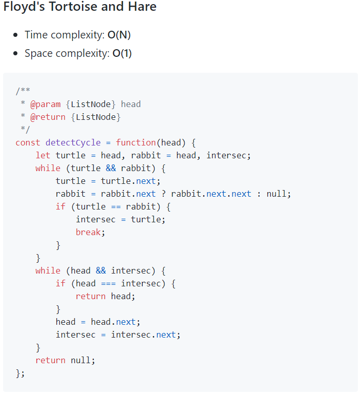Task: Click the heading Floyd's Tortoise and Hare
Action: (x=80, y=7)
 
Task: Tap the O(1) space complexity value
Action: (x=122, y=53)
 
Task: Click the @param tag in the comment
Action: (x=45, y=104)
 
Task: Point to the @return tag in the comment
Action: (x=48, y=117)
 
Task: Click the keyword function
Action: (x=136, y=142)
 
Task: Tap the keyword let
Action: (x=43, y=155)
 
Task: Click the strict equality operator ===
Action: (x=108, y=283)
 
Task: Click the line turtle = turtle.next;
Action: (x=108, y=181)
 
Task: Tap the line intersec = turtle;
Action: (x=120, y=219)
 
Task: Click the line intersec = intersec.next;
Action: (x=118, y=335)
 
